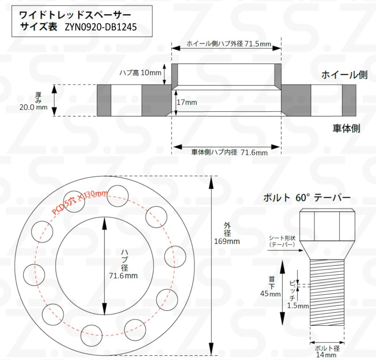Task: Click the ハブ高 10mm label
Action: tap(140, 73)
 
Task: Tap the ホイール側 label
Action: tap(344, 75)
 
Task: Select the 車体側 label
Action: tap(346, 128)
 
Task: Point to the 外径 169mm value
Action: tap(227, 242)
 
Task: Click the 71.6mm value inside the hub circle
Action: tap(123, 275)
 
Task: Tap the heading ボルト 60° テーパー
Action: tap(307, 197)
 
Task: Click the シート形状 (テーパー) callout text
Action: tap(282, 241)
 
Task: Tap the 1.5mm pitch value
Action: tap(297, 306)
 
